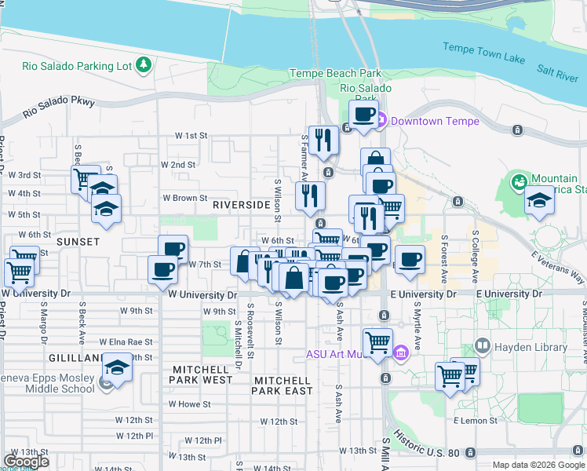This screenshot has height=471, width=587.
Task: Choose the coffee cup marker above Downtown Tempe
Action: (x=364, y=115)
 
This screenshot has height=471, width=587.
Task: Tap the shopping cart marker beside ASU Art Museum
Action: (x=377, y=342)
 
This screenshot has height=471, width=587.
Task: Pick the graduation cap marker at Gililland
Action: (x=117, y=367)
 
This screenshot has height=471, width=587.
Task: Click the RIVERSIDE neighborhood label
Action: (x=241, y=205)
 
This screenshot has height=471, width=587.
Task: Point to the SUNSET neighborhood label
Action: (x=77, y=242)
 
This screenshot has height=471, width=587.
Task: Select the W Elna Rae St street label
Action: (x=126, y=342)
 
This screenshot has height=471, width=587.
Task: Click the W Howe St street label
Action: (x=189, y=404)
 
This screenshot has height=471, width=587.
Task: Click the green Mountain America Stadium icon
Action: (x=518, y=182)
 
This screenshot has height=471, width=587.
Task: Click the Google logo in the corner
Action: (x=26, y=461)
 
